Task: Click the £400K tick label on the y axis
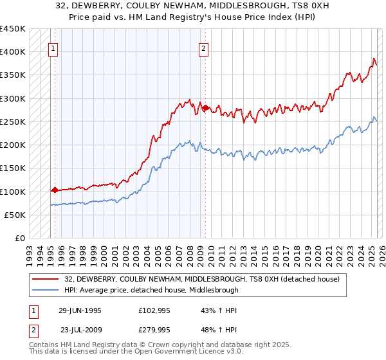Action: pyautogui.click(x=12, y=52)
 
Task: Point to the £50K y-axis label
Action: pyautogui.click(x=15, y=215)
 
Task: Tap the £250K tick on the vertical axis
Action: pyautogui.click(x=12, y=122)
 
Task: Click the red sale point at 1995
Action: pyautogui.click(x=55, y=190)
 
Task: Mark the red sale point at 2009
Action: pyautogui.click(x=205, y=108)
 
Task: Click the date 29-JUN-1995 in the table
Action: pyautogui.click(x=80, y=310)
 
